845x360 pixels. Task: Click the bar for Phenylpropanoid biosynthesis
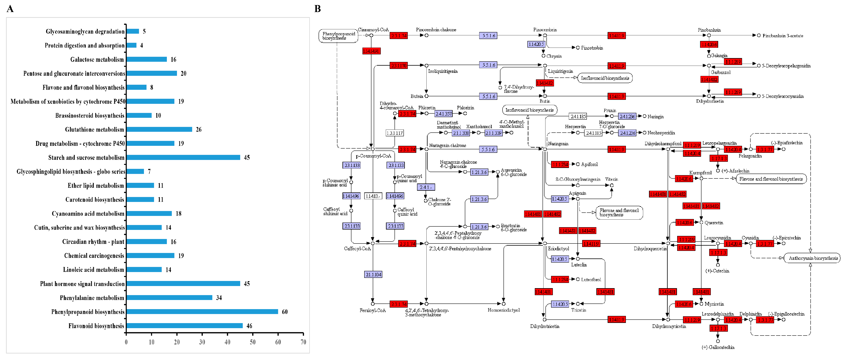202,311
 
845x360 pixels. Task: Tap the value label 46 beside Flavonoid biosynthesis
249,326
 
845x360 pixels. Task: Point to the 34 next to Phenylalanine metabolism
219,298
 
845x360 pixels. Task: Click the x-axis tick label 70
303,342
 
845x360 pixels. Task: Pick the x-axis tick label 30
202,342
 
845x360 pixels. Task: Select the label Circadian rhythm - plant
93,242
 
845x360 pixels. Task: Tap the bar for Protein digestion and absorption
131,45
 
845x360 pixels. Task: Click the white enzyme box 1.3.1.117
395,133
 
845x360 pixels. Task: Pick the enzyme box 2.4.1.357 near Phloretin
443,114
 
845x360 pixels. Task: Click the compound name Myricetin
714,304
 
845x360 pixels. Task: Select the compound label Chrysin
554,56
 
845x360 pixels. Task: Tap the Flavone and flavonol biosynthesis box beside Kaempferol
771,179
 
